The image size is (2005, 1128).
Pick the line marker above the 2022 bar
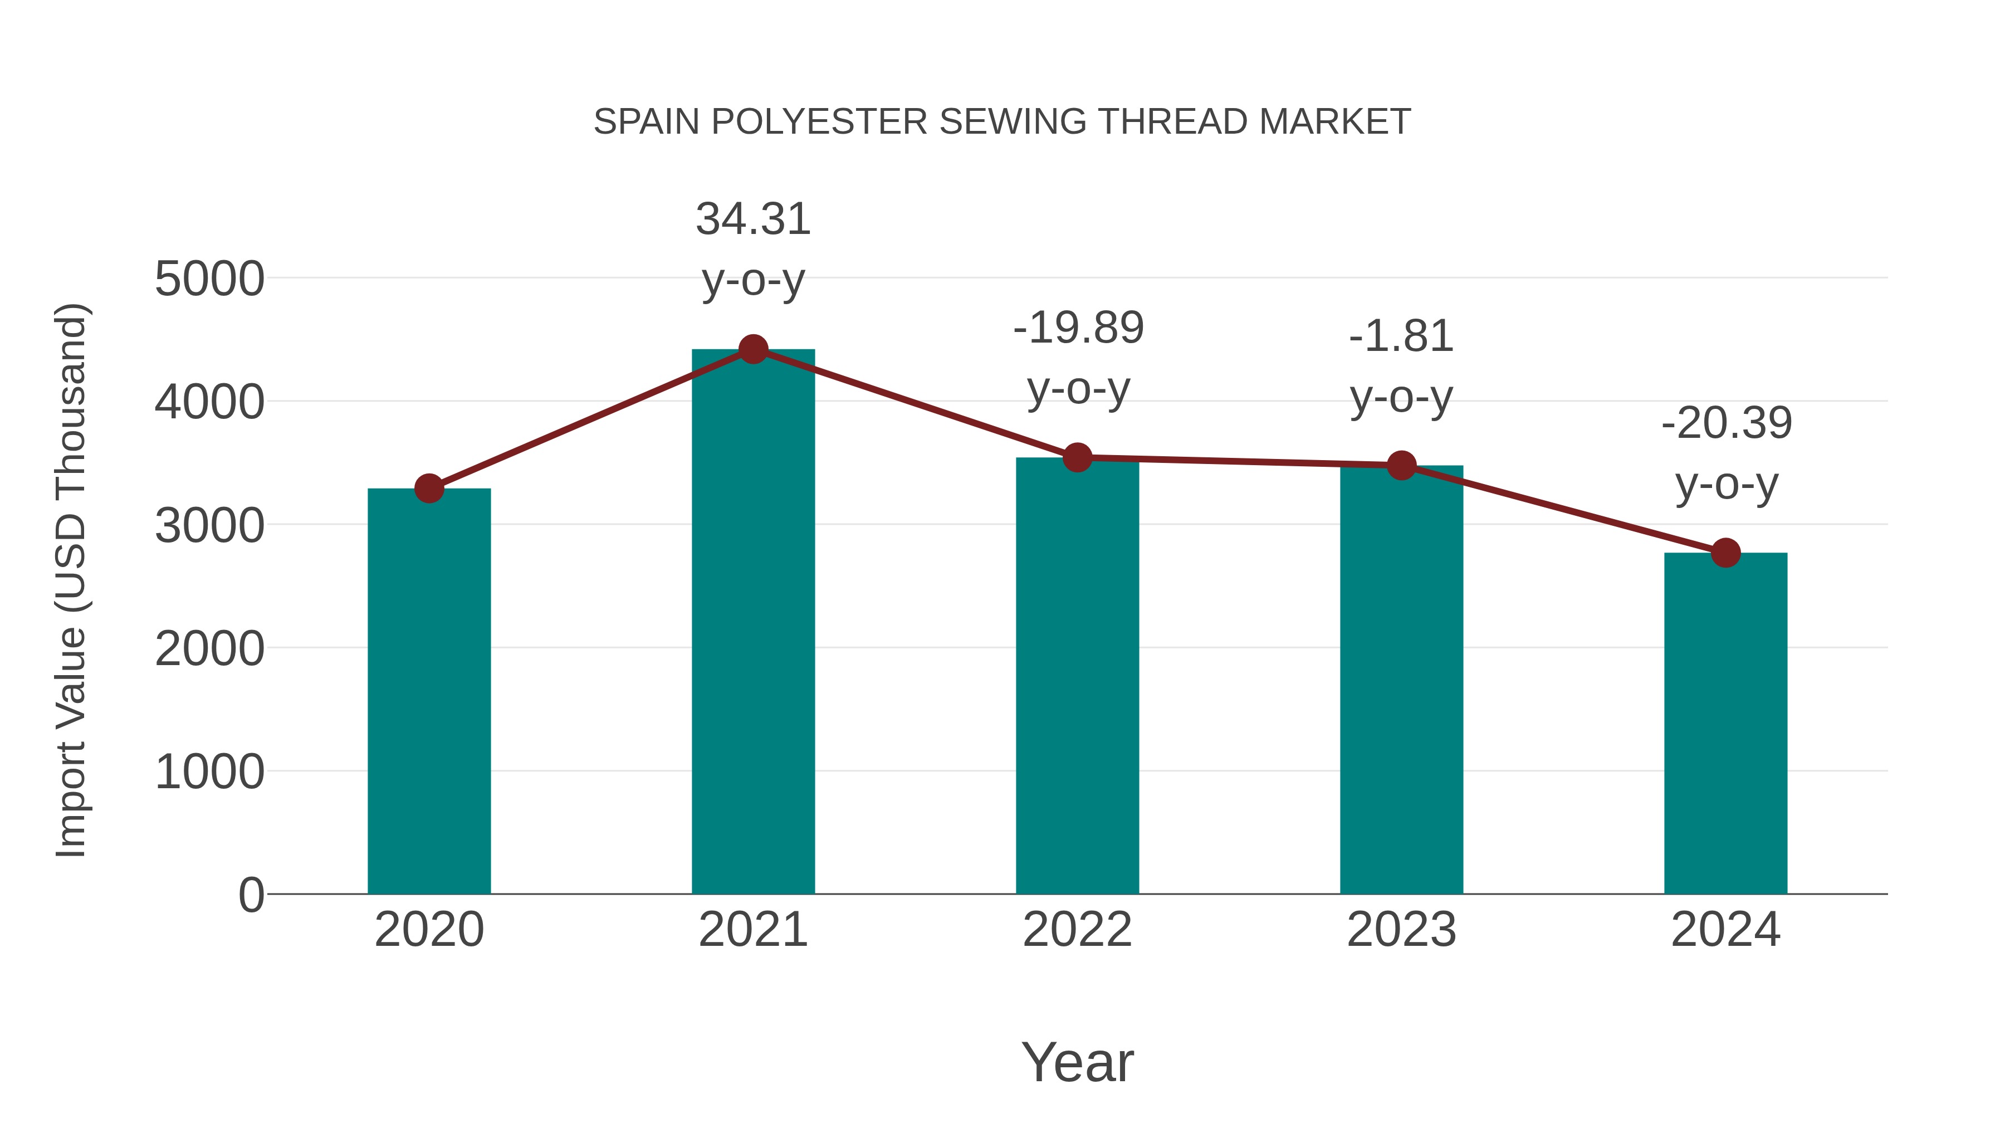pos(1077,458)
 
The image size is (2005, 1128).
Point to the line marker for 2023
pos(1401,466)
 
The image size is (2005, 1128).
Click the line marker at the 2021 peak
pos(752,349)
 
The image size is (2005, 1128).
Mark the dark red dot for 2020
pos(429,489)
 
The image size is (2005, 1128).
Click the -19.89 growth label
pos(1078,328)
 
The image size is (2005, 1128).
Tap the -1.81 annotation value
pos(1401,337)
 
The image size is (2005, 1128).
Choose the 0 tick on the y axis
pos(251,895)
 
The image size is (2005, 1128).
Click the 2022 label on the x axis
pos(1077,930)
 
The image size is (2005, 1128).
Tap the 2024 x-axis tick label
pos(1725,930)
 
